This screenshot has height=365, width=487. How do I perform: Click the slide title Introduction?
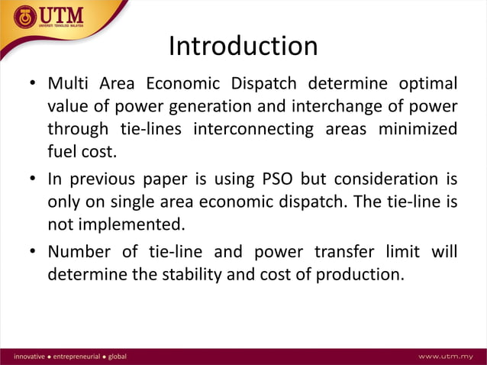click(243, 47)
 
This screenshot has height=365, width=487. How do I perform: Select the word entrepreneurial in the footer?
click(76, 357)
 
